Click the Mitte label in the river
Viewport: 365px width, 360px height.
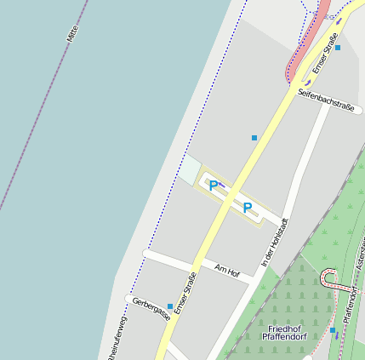[71, 35]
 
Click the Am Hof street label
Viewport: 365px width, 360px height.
[228, 271]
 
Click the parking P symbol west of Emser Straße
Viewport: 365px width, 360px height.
[214, 186]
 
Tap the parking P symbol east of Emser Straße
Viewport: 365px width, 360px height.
[248, 208]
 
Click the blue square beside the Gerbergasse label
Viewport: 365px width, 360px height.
[171, 306]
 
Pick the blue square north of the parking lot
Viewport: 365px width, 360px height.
[254, 137]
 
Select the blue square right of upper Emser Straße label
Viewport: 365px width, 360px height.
[338, 48]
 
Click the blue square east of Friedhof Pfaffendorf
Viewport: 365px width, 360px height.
[333, 330]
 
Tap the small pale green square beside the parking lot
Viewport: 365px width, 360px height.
[189, 169]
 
